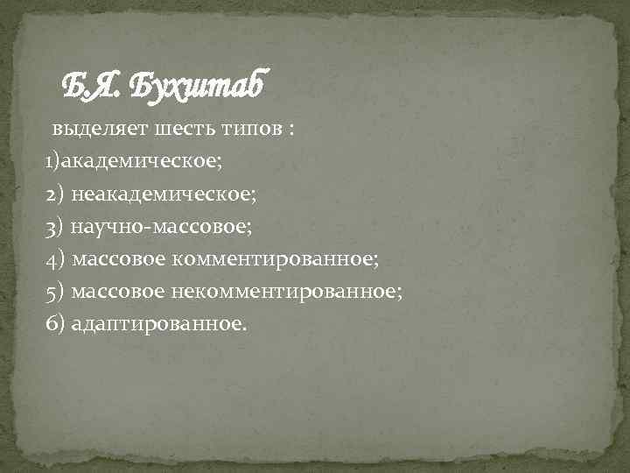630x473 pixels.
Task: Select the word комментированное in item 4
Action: [274, 259]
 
